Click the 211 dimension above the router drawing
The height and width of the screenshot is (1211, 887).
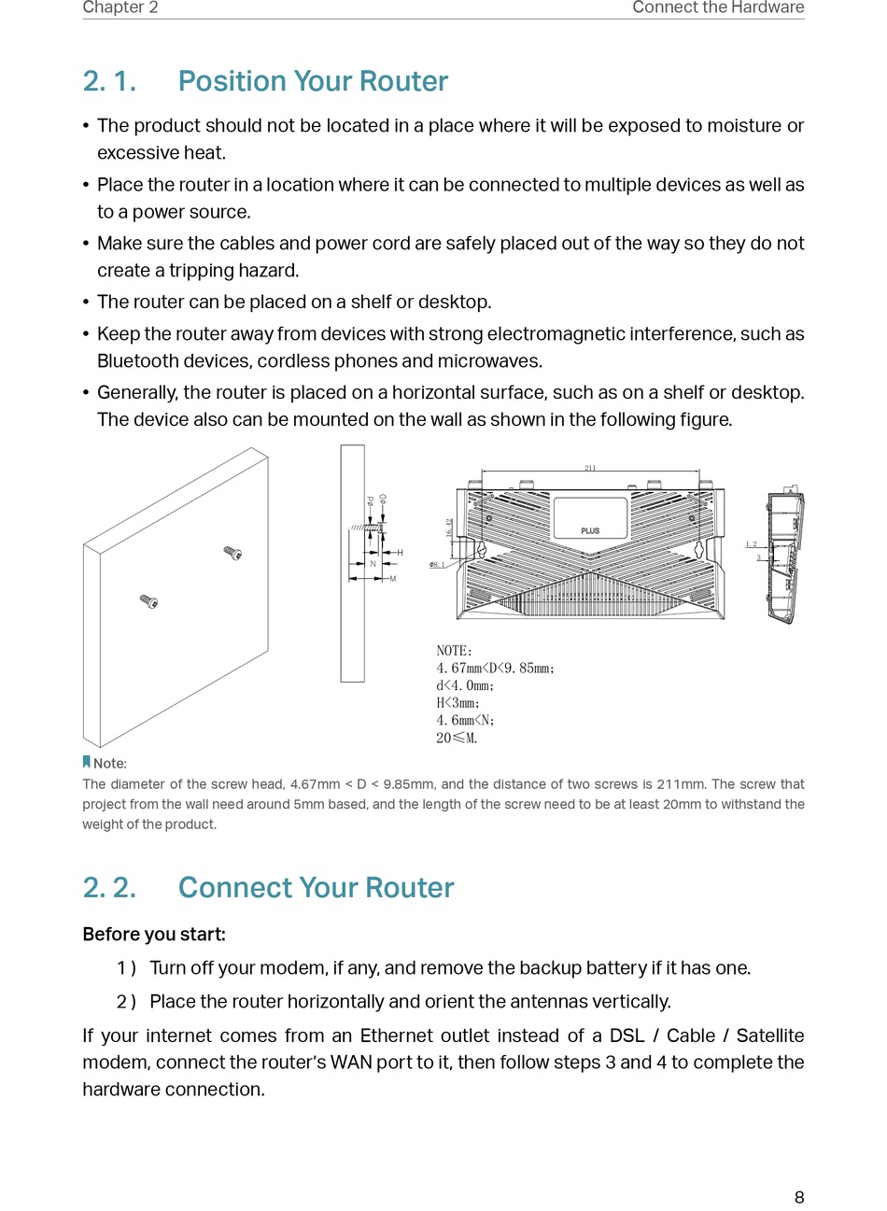click(590, 468)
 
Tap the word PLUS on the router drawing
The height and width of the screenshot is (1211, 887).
click(590, 530)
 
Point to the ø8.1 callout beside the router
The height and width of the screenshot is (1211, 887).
click(437, 565)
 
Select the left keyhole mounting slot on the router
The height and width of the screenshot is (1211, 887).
click(482, 549)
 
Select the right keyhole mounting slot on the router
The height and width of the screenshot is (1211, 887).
click(699, 549)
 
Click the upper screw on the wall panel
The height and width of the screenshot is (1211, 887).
click(232, 553)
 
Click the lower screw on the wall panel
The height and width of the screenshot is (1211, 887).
click(148, 600)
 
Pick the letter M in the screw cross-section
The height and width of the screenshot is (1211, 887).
click(392, 579)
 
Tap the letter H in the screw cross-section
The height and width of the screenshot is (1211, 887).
click(400, 554)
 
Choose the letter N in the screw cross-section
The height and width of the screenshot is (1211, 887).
click(373, 564)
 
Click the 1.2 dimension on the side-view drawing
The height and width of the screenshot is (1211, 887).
click(752, 543)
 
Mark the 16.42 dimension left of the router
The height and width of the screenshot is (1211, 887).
click(449, 528)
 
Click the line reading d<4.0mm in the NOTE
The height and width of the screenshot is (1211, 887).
click(465, 685)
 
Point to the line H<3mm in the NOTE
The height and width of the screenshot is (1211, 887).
click(458, 703)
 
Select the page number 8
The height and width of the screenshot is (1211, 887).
click(799, 1197)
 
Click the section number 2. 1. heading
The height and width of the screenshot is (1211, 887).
click(109, 81)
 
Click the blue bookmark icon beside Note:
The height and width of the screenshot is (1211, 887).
click(87, 763)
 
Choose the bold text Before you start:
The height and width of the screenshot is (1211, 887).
click(154, 935)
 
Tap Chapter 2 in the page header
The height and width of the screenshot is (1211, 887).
click(120, 7)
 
